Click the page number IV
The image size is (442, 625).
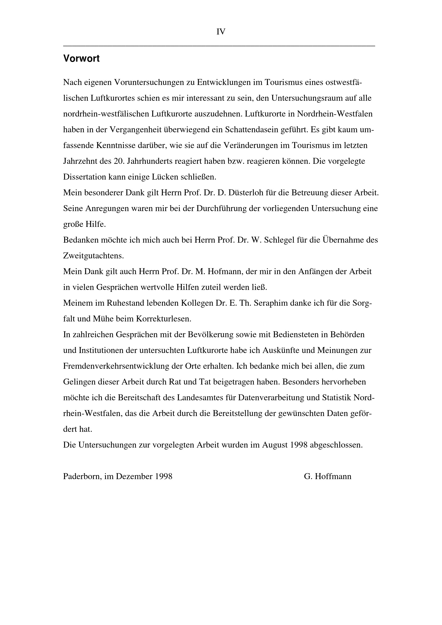click(221, 32)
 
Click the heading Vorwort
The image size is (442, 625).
click(81, 59)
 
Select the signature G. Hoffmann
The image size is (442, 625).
click(327, 476)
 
